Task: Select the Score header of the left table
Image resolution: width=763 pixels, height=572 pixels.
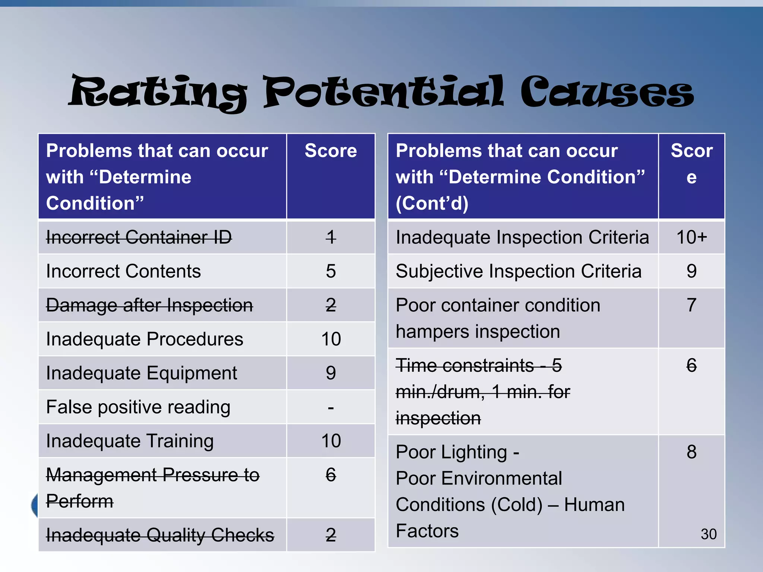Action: coord(330,151)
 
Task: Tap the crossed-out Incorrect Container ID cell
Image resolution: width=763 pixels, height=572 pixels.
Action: coord(139,237)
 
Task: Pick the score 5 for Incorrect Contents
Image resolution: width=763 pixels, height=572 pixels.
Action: coord(330,271)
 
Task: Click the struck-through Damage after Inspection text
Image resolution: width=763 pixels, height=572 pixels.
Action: coord(149,305)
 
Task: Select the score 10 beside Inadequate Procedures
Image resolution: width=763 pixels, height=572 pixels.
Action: coord(330,339)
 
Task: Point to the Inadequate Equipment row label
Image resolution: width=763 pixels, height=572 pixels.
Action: coord(142,373)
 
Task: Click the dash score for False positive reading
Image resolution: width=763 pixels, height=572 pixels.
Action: coord(330,407)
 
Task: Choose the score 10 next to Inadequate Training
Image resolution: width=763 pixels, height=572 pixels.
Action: coord(330,441)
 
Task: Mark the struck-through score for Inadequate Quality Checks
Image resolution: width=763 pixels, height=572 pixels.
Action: coord(330,535)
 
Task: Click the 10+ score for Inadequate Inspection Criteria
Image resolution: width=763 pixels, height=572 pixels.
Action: coord(691,237)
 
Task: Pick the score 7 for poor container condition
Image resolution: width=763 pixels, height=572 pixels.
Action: coord(691,305)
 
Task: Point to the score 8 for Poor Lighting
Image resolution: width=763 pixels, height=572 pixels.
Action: coord(691,452)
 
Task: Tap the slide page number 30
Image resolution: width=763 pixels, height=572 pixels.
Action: coord(708,534)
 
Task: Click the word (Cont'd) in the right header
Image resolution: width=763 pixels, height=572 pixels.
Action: coord(432,203)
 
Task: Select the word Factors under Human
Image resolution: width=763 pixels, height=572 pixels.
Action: coord(427,531)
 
